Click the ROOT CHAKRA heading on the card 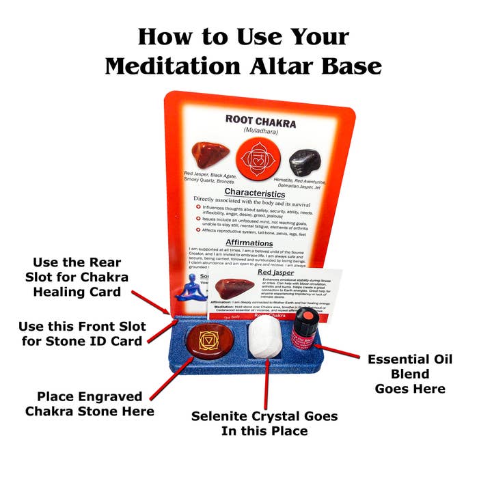[260, 122]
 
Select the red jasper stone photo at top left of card [207, 154]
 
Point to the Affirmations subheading [249, 243]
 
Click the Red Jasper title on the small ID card [275, 272]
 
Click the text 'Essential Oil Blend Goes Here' [409, 374]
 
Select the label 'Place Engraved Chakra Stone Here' [90, 404]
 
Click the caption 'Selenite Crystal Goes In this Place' [264, 424]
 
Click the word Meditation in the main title [177, 66]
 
